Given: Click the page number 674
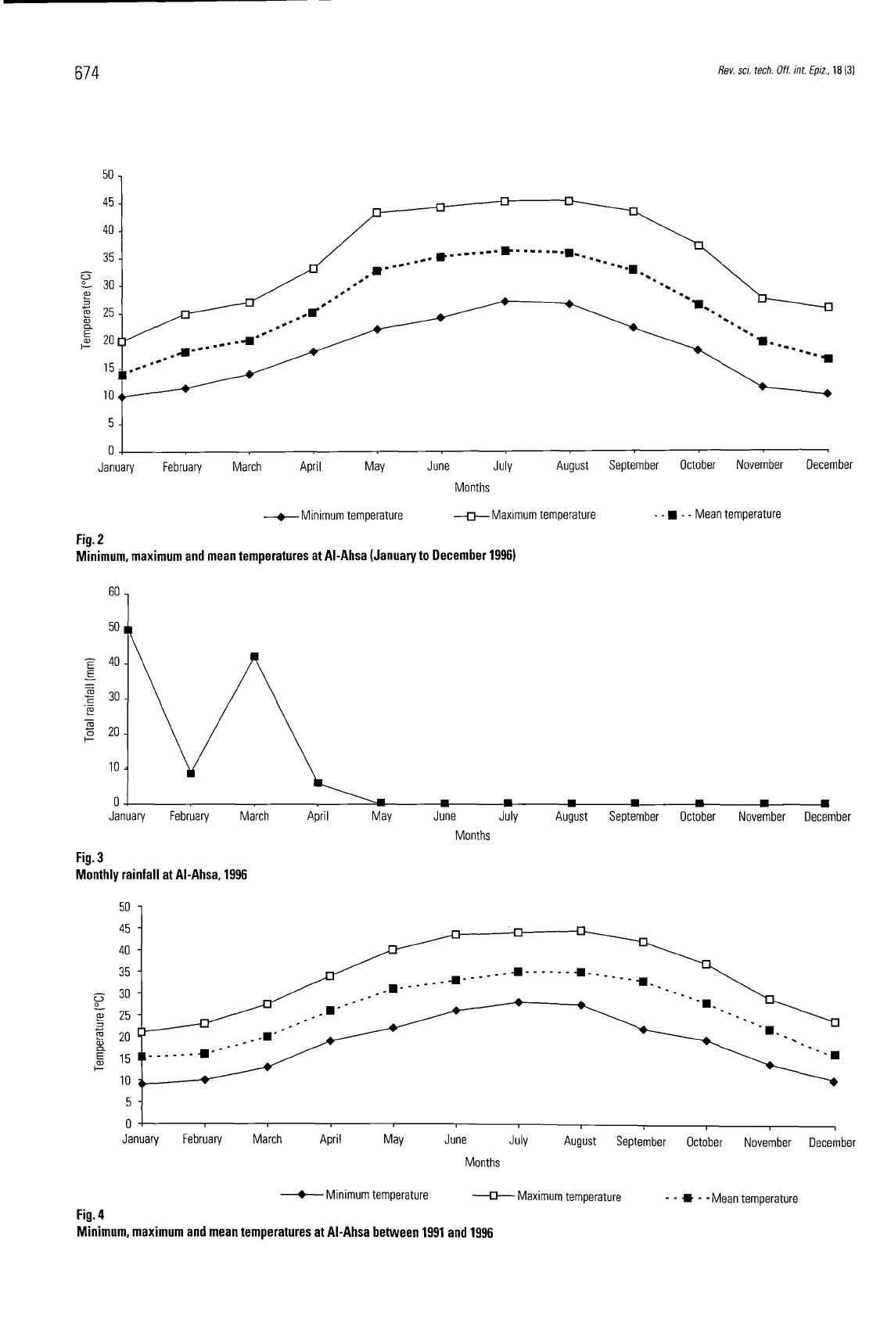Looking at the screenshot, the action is tap(87, 73).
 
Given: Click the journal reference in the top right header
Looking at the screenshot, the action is tap(786, 70).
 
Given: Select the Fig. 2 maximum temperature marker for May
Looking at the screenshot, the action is tap(377, 213).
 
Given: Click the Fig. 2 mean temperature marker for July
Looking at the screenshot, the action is tap(505, 251).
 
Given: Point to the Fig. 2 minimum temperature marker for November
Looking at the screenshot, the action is tap(763, 386).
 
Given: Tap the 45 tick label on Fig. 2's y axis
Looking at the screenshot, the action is tap(107, 203).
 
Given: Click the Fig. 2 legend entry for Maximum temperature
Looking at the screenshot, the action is tap(525, 515).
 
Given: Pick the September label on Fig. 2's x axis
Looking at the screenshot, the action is tap(634, 466).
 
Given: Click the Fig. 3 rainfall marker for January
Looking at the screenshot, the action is tap(128, 630).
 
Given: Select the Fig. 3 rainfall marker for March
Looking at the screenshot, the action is tap(254, 656).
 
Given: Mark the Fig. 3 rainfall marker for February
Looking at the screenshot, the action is tap(191, 773).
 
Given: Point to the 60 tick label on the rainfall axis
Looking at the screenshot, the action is tap(114, 591).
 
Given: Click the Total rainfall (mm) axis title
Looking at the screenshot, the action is tap(90, 699).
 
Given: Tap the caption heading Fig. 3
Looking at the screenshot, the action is tap(90, 857).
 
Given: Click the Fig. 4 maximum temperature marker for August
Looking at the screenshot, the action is tap(580, 931).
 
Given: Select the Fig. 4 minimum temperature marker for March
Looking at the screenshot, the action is tap(268, 1066).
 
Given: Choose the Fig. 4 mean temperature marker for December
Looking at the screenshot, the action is tap(835, 1055).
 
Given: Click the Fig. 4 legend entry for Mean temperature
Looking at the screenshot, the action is tap(731, 1199).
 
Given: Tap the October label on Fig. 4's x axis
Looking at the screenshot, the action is tap(704, 1142).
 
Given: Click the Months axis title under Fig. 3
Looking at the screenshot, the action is tap(472, 835).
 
